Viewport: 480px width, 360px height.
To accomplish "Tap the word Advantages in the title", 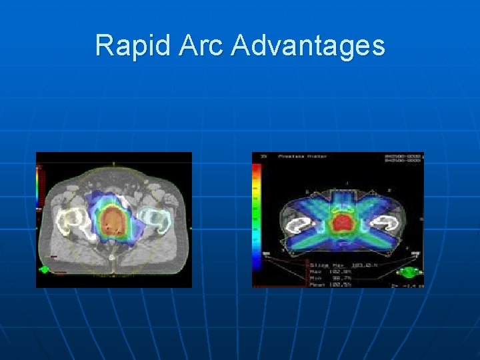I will [309, 45].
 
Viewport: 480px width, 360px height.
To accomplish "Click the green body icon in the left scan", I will [45, 269].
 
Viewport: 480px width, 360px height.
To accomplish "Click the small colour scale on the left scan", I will [37, 187].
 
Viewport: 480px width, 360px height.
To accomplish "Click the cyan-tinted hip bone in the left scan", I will [152, 219].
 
